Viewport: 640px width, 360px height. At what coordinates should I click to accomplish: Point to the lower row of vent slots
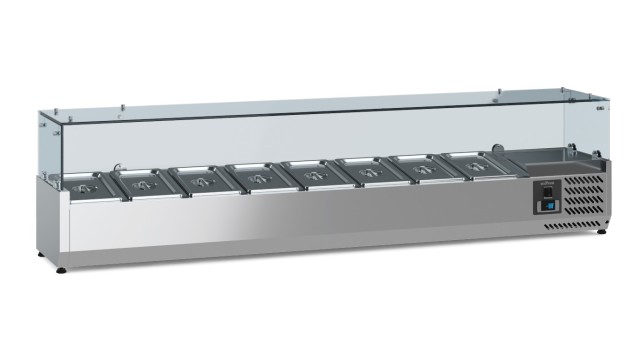click(574, 225)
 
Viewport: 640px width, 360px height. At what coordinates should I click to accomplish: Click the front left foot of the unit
click(63, 268)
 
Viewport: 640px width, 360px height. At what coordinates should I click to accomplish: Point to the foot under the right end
click(600, 232)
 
